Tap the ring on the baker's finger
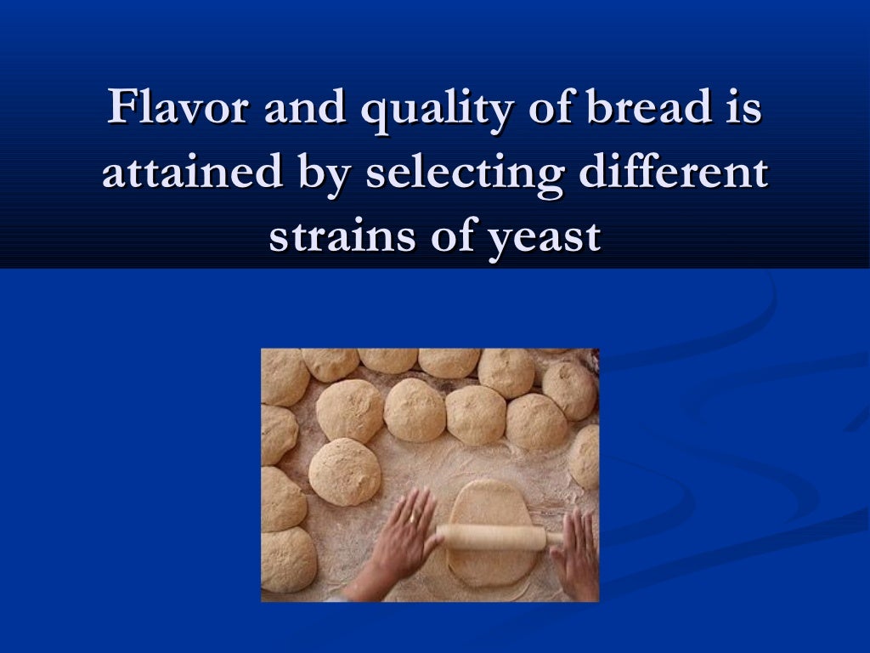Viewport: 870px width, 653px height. pyautogui.click(x=412, y=518)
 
